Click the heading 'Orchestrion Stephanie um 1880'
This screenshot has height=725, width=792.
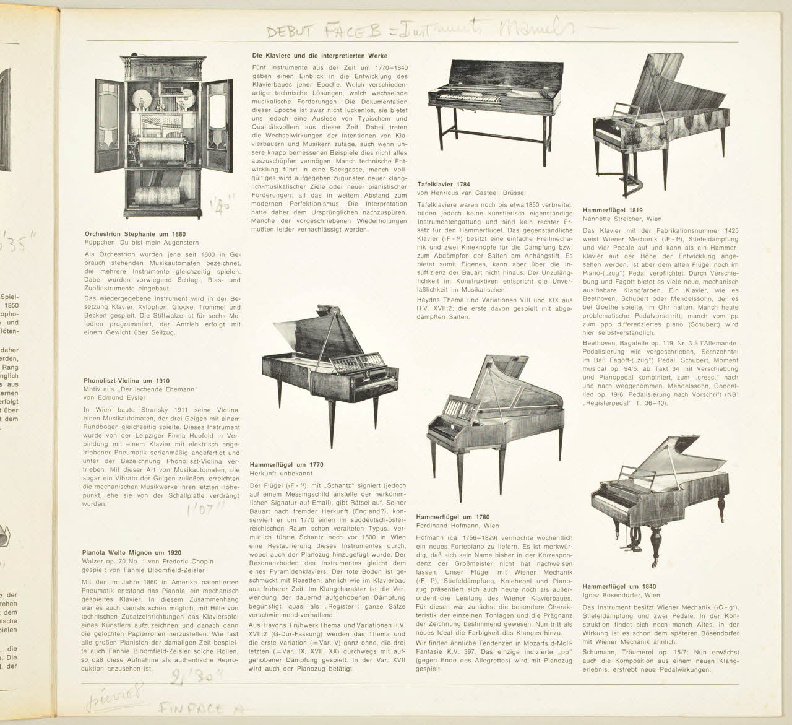134,234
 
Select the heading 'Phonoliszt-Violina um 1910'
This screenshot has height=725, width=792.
126,381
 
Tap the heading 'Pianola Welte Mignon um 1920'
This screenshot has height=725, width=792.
131,552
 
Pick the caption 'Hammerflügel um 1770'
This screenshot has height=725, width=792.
286,464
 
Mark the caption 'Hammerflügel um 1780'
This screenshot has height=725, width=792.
453,516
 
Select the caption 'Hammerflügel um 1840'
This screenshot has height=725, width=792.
619,586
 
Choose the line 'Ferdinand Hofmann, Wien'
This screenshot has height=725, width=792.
457,526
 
